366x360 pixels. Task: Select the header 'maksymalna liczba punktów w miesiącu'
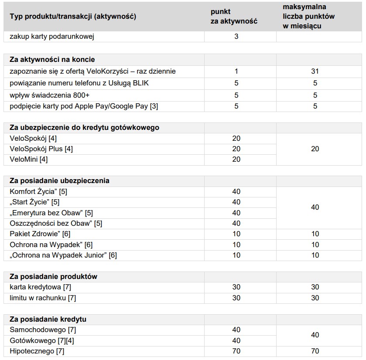308,17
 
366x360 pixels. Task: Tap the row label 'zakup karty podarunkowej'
52,37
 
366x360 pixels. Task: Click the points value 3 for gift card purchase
236,37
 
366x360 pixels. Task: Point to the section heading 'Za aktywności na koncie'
52,60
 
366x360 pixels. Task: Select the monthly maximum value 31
315,71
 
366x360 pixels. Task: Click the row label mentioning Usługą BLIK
79,83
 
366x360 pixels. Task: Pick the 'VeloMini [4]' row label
29,160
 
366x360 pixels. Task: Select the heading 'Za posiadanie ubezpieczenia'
59,180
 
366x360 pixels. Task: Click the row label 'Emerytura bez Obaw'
51,213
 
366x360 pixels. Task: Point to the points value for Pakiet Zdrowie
236,234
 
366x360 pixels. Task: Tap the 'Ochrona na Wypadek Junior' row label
63,255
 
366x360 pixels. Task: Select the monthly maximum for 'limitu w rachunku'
315,298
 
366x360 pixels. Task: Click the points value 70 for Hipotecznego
236,351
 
